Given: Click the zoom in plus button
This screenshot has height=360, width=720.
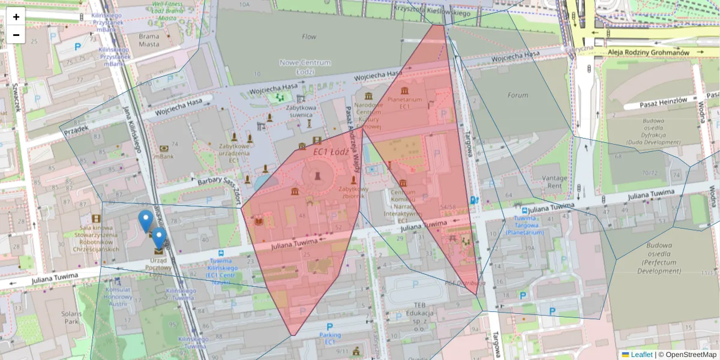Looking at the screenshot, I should [x=16, y=17].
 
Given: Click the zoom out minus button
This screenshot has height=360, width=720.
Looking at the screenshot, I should [x=16, y=35].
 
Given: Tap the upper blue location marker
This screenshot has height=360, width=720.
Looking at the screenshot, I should [x=145, y=220].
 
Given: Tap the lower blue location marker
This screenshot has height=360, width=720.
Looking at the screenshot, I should [x=158, y=237].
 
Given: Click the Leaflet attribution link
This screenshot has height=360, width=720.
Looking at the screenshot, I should [x=641, y=355].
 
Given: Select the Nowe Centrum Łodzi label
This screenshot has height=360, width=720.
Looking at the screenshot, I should [x=305, y=67].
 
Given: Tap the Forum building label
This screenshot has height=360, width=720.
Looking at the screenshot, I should [x=517, y=95].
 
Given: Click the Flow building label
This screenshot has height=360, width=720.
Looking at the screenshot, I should [x=309, y=37].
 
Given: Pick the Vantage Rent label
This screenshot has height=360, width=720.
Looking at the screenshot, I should [x=554, y=182].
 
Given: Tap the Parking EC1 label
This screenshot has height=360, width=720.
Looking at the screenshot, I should [x=329, y=338].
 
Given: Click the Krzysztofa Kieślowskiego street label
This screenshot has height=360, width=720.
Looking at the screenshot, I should [x=431, y=10].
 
